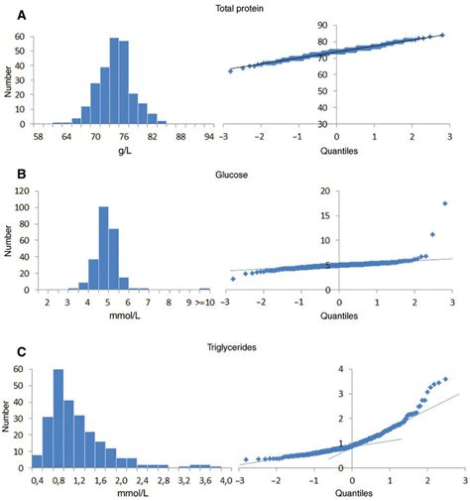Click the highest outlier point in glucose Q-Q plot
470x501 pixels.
pyautogui.click(x=445, y=203)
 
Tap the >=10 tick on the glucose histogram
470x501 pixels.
pyautogui.click(x=204, y=303)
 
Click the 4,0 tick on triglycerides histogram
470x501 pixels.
pyautogui.click(x=226, y=481)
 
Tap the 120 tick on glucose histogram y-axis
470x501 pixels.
pyautogui.click(x=24, y=189)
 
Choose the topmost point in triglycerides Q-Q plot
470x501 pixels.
pyautogui.click(x=445, y=379)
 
